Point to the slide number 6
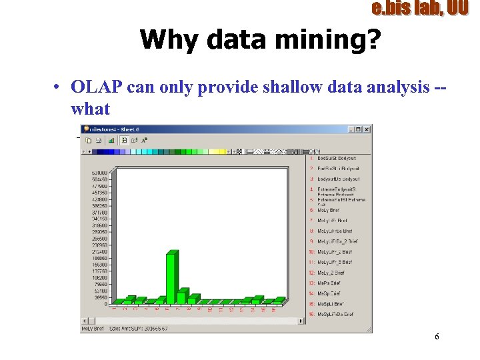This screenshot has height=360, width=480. pos(437,337)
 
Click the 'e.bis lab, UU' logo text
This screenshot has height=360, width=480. pos(419,9)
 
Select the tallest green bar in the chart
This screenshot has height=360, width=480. pos(172,277)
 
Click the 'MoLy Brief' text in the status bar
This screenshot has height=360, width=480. pos(92,329)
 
